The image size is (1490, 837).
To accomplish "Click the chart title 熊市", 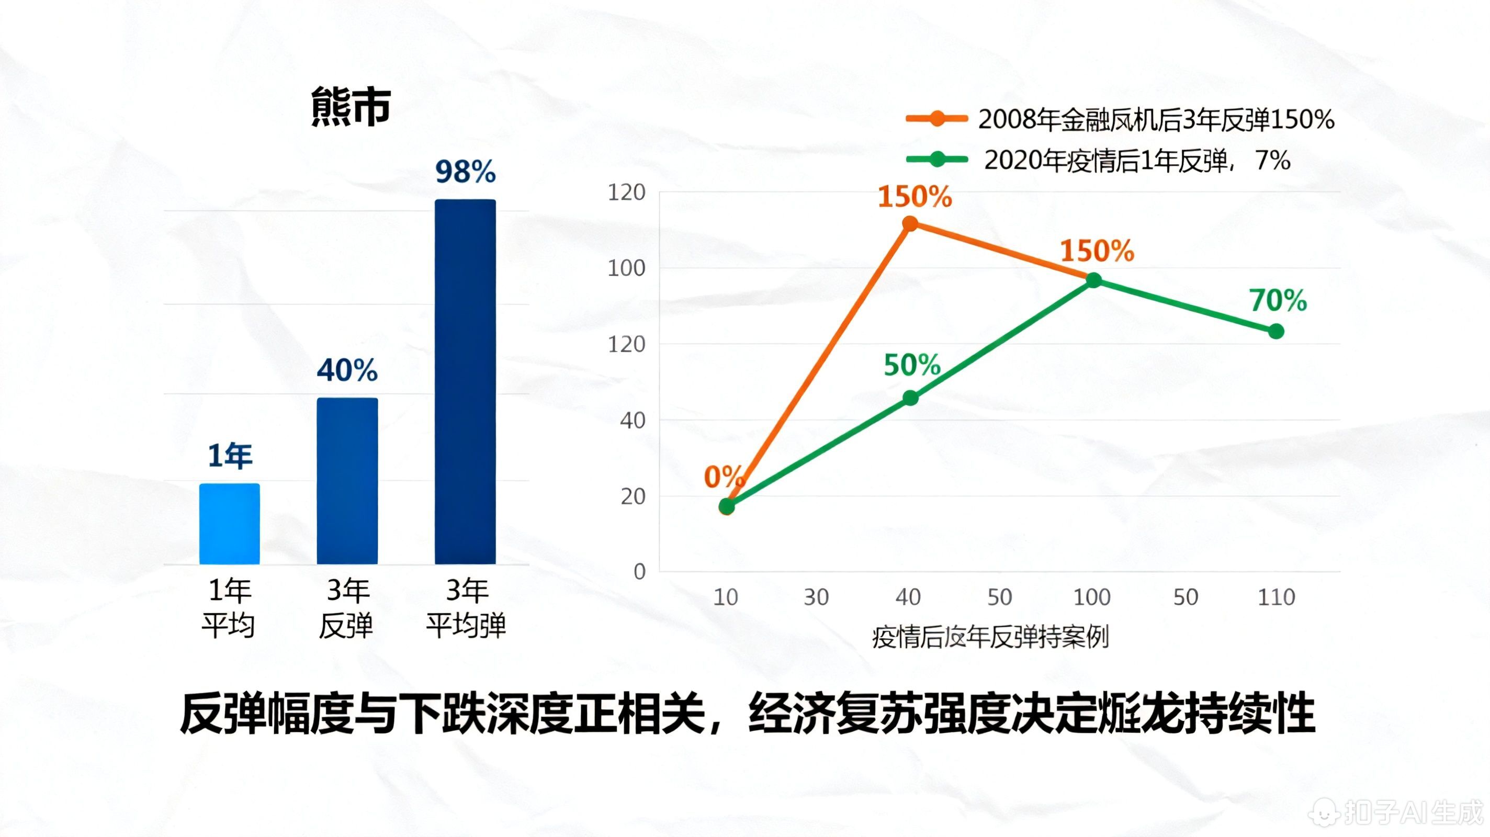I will pos(351,107).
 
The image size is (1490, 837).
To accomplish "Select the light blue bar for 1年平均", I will pos(230,524).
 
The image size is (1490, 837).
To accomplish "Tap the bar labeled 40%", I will pos(347,480).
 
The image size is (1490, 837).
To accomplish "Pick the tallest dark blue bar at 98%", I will pos(465,382).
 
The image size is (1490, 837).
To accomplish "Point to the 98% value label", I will pos(466,172).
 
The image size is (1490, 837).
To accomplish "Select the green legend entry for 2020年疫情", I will pos(1099,160).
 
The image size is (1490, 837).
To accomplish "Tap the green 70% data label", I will pos(1278,300).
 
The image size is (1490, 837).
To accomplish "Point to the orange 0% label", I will pos(723,477).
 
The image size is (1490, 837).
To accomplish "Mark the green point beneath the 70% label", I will pos(1276,332).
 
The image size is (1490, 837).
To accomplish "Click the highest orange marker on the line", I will pos(910,223).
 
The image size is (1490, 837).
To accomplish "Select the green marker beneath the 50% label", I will pos(910,398).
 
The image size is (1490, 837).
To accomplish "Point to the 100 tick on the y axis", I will pos(626,268).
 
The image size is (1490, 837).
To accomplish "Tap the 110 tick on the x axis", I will pos(1276,597).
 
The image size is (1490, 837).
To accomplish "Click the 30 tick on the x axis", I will pos(816,597).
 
